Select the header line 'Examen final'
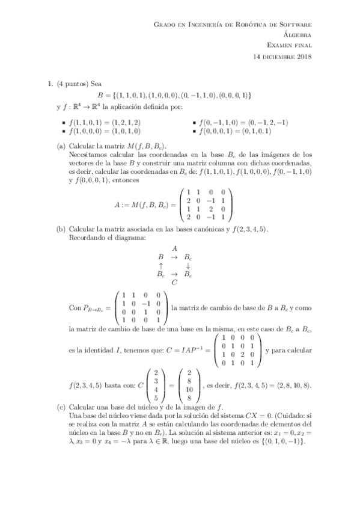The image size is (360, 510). click(289, 46)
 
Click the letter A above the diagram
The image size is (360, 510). click(174, 248)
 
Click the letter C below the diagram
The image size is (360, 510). click(174, 281)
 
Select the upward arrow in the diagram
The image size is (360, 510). click(160, 265)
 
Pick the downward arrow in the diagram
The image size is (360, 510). click(188, 265)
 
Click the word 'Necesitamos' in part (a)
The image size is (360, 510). click(92, 155)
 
